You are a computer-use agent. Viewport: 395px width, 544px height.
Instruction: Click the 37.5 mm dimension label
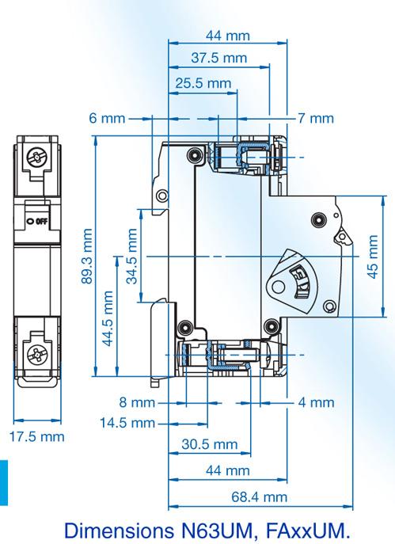pos(218,59)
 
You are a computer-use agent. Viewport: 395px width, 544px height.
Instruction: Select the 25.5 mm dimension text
pos(203,82)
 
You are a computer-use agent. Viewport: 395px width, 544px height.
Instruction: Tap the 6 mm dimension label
pos(107,119)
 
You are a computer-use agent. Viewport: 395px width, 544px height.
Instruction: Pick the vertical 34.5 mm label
pos(131,256)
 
